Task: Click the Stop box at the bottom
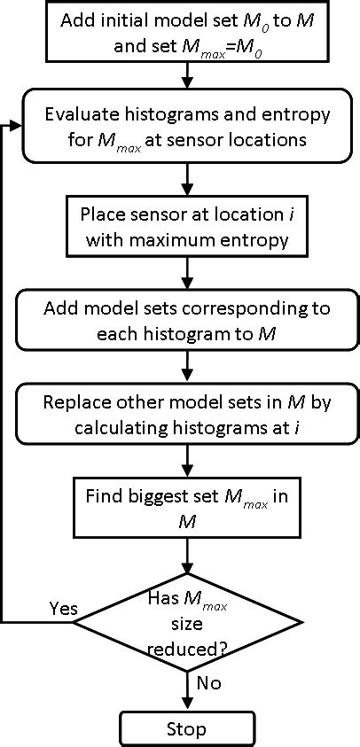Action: [x=185, y=729]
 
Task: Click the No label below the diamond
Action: [x=209, y=683]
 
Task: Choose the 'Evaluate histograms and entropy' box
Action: [x=185, y=126]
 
